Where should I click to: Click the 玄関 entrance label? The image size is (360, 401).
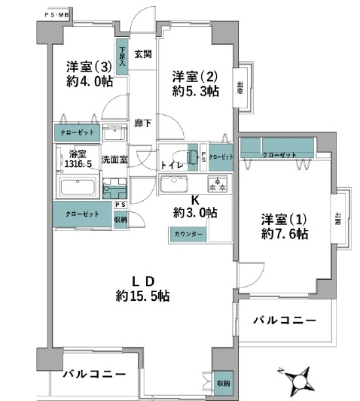(142, 53)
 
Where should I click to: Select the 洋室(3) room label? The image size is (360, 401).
(88, 65)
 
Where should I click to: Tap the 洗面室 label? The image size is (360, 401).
(115, 159)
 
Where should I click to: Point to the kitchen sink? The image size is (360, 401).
(178, 184)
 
